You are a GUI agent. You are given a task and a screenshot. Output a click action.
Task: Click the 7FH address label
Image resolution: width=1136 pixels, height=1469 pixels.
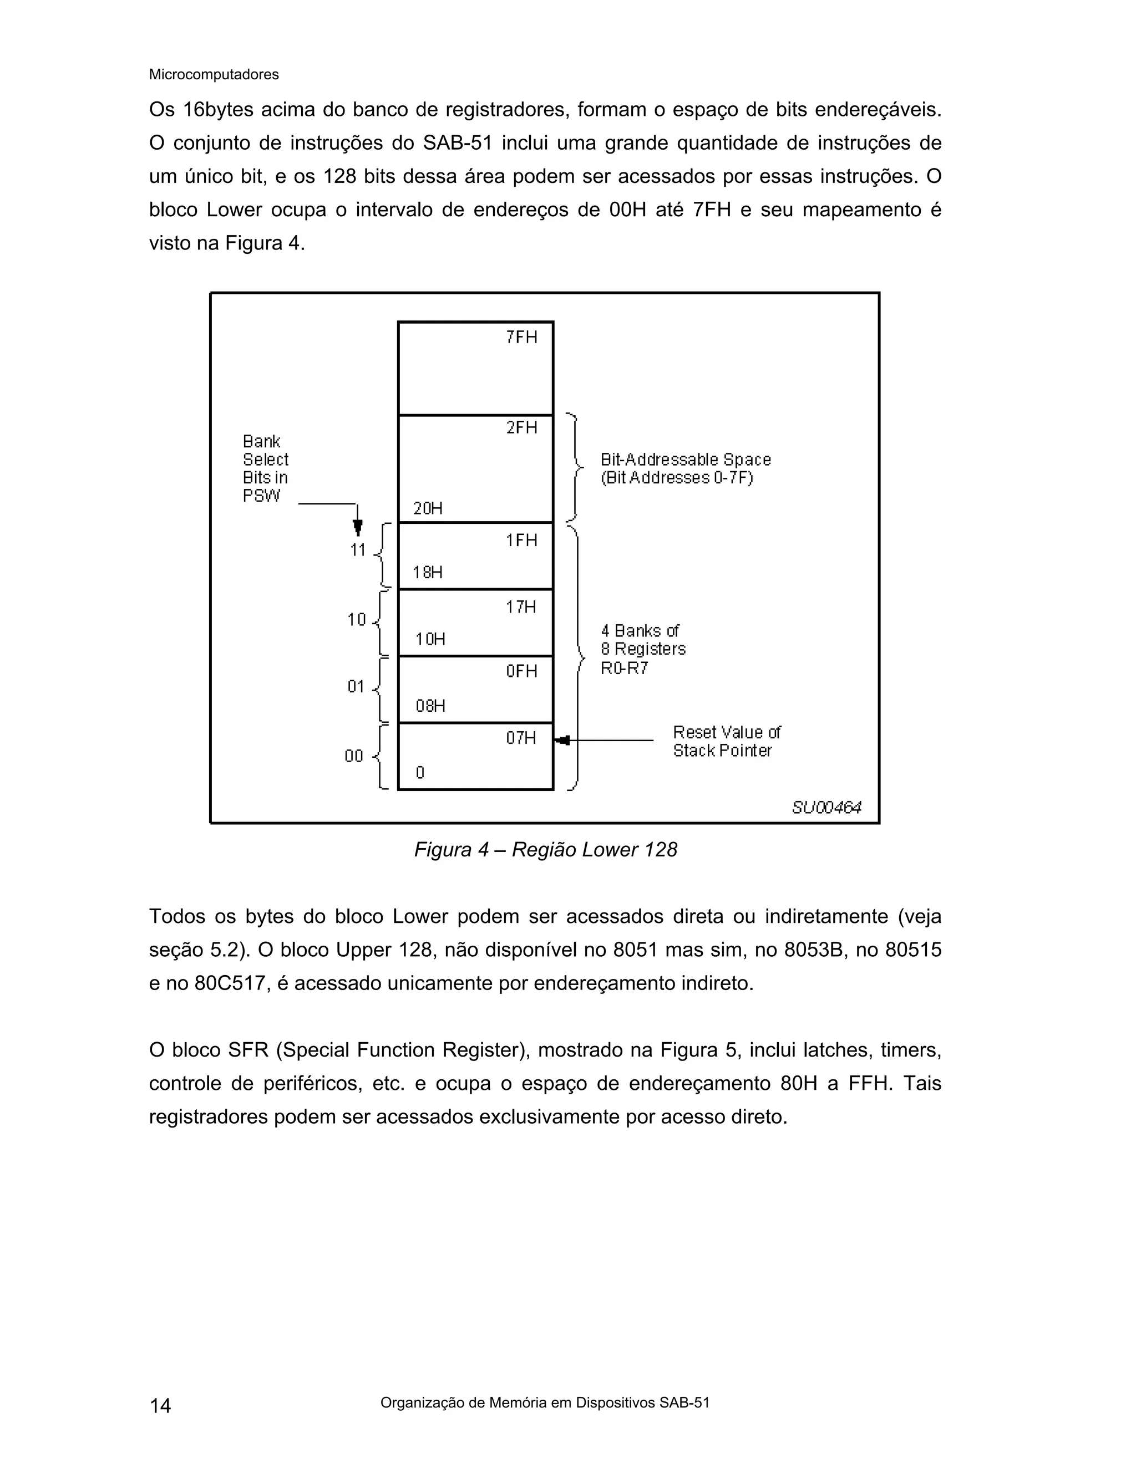tap(521, 337)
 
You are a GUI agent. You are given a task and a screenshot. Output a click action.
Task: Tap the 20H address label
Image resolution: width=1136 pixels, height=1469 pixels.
tap(427, 508)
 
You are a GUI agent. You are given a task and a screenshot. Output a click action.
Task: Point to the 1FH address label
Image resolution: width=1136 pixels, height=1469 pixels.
tap(521, 540)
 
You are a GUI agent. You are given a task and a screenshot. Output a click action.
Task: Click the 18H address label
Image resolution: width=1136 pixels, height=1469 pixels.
tap(427, 573)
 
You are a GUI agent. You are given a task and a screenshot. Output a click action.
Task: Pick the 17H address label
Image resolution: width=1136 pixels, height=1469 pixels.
tap(521, 608)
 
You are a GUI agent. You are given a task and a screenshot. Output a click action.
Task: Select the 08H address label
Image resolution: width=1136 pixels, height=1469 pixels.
tap(430, 706)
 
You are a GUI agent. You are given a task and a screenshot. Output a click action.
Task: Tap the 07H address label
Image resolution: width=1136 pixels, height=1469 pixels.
tap(521, 738)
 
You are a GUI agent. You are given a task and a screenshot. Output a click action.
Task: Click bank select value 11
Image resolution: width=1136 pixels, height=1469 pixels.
tap(357, 550)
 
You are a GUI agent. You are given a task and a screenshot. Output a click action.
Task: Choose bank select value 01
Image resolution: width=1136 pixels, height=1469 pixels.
tap(356, 687)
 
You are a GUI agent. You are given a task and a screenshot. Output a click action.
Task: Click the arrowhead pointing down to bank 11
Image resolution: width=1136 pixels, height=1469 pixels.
tap(358, 528)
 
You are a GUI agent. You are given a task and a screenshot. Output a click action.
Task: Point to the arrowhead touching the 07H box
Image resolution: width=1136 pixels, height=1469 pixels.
tap(562, 741)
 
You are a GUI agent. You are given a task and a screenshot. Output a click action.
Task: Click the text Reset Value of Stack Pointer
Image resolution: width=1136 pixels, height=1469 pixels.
tap(726, 741)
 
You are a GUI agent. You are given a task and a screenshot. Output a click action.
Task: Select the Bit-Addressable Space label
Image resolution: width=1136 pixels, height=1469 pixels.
tap(685, 469)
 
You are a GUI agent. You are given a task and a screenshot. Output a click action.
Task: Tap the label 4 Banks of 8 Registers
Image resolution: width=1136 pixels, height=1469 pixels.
tap(643, 649)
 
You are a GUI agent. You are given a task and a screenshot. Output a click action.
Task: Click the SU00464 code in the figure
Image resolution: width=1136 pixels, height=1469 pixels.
tap(826, 807)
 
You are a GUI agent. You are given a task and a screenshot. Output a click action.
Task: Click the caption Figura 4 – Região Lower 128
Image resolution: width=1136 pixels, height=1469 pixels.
tap(545, 849)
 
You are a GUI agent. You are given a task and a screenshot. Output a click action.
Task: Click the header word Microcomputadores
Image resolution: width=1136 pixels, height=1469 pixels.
tap(214, 75)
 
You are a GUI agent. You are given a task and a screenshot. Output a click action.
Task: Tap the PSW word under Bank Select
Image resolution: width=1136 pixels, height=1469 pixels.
tap(262, 496)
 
